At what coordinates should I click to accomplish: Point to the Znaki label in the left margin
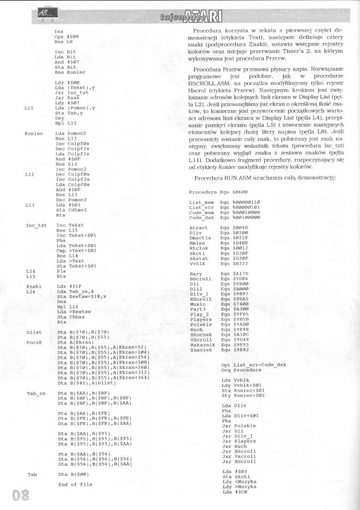34,286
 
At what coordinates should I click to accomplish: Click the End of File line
75,484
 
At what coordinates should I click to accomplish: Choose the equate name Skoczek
201,335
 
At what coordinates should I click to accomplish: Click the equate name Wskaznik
202,345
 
